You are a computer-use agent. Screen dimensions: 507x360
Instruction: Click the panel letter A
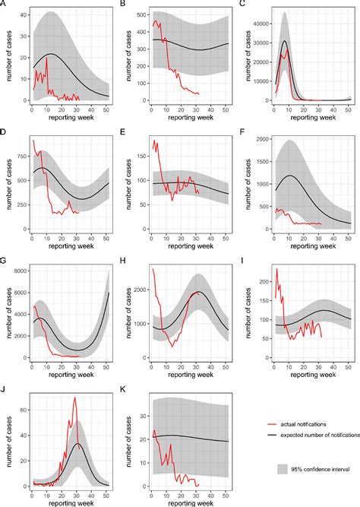(5, 4)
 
